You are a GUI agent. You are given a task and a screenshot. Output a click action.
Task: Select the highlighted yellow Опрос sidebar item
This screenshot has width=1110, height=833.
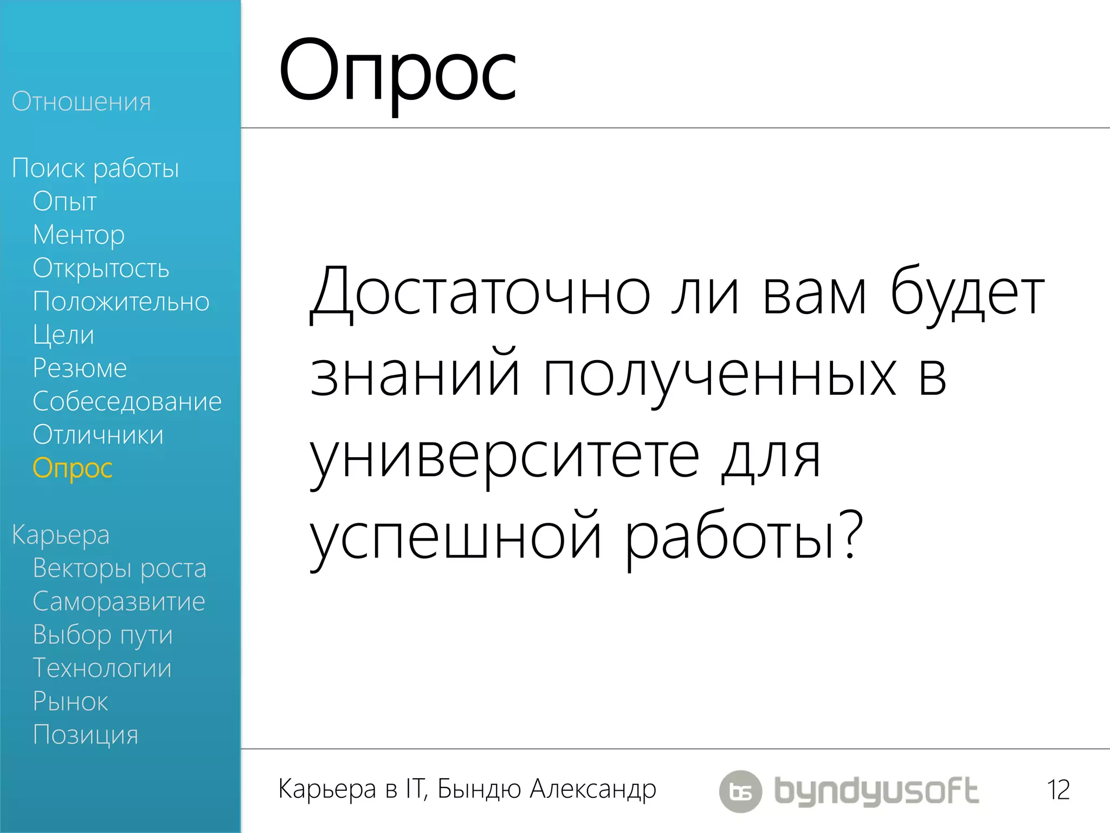73,468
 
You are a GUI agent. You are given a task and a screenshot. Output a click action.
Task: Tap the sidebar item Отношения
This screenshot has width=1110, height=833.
81,101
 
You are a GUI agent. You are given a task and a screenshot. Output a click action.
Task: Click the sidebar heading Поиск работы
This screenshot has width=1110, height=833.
95,168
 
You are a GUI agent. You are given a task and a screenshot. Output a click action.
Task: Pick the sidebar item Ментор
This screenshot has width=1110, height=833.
79,235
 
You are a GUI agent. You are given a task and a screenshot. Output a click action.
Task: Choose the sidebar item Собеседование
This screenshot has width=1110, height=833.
127,402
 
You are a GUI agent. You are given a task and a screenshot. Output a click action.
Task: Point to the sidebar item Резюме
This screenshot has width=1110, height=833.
80,368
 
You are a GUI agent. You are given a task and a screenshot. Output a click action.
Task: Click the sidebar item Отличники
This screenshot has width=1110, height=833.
98,435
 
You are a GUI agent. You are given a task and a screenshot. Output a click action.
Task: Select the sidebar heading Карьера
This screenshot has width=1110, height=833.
61,535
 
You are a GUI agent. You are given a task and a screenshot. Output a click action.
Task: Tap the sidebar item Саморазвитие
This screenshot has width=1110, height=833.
119,601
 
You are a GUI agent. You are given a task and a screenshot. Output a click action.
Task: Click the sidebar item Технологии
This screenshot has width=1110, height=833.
102,668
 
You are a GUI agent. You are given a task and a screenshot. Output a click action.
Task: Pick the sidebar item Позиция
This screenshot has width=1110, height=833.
86,735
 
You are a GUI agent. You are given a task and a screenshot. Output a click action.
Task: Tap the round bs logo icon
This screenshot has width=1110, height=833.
740,791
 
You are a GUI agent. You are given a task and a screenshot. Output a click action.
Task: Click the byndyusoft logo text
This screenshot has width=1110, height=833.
876,791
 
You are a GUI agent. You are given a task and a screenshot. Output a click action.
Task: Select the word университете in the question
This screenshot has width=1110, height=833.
505,458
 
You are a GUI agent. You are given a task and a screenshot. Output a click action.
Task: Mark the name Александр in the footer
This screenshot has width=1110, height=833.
593,789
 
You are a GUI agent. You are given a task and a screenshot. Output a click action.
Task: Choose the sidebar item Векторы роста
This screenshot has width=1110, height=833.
119,568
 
